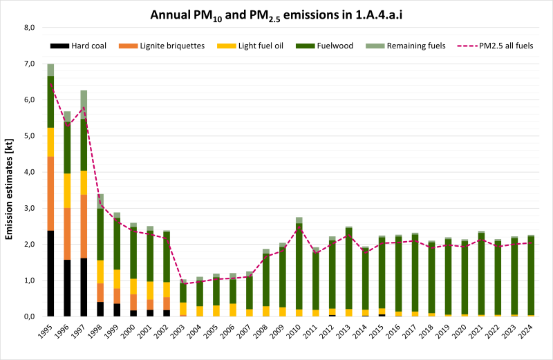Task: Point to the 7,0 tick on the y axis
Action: (29, 64)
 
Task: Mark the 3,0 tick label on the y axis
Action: (29, 208)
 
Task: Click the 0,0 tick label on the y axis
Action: (29, 316)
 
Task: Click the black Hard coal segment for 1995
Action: (50, 273)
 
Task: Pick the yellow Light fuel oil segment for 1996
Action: (67, 190)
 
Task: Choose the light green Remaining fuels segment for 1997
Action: (84, 104)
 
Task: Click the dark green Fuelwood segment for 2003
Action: (183, 292)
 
